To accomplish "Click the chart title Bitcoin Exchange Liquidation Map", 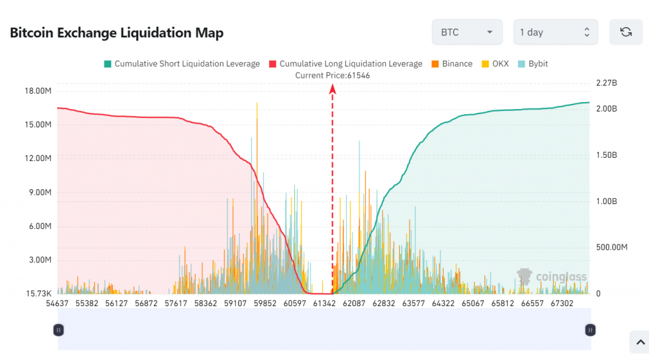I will tap(117, 33).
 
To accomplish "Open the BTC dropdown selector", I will tap(467, 32).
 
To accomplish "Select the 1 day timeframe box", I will tap(555, 32).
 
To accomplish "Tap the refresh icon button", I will tap(626, 32).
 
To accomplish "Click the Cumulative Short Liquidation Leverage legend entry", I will tap(181, 64).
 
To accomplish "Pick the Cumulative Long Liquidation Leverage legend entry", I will tap(345, 64).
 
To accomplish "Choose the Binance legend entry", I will tap(452, 64).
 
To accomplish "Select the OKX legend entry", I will tap(495, 64).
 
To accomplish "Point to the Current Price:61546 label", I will tap(333, 75).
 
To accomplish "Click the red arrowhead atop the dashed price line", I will tap(332, 89).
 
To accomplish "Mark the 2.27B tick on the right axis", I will tap(607, 83).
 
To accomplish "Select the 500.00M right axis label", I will tap(612, 247).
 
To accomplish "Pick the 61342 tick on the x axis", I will tap(325, 304).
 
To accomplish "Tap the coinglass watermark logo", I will tap(551, 277).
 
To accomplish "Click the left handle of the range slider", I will tap(58, 330).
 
